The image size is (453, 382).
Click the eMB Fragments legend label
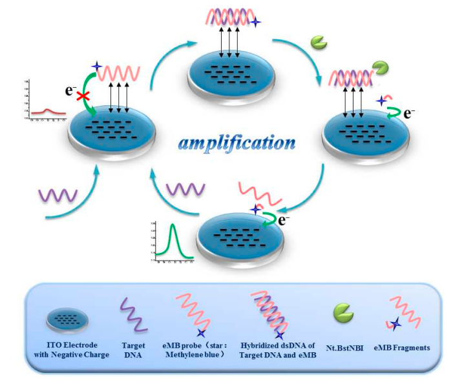405,348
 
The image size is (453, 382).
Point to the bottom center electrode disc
240,236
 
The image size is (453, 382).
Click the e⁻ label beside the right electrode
408,116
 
